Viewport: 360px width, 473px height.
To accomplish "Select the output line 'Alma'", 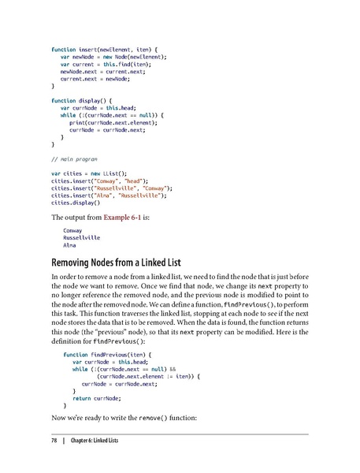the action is coord(71,247).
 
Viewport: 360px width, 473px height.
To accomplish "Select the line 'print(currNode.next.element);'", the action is coord(117,122).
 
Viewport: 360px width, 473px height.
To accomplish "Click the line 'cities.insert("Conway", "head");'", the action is coord(105,180).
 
